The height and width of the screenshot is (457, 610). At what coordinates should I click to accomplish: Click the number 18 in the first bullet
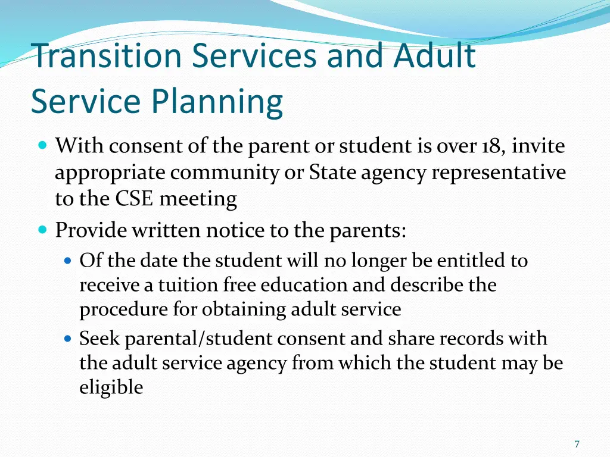491,146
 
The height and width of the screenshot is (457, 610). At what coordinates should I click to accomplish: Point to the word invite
539,146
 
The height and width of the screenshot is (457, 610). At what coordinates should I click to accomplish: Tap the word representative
498,173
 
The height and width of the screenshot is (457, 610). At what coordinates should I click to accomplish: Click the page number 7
577,444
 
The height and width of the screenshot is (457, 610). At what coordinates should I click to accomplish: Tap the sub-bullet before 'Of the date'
67,261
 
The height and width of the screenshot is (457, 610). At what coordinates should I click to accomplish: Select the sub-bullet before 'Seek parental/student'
67,339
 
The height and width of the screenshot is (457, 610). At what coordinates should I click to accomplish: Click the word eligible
111,388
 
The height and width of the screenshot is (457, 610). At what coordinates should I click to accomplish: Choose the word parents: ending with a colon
368,230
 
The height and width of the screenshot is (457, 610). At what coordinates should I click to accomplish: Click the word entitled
470,261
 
